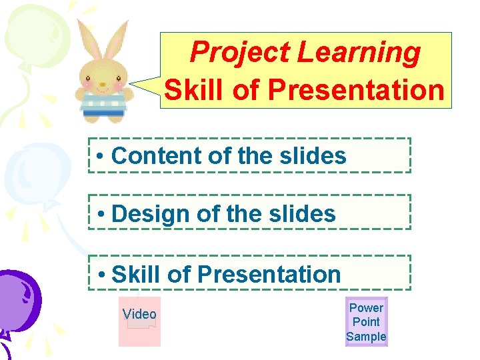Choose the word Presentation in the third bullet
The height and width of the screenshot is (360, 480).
tap(269, 274)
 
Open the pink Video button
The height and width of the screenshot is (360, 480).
tap(139, 321)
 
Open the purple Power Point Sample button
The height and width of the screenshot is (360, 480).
tap(366, 322)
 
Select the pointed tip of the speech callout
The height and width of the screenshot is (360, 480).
tap(132, 84)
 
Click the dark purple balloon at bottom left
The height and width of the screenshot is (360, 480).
tap(17, 300)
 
